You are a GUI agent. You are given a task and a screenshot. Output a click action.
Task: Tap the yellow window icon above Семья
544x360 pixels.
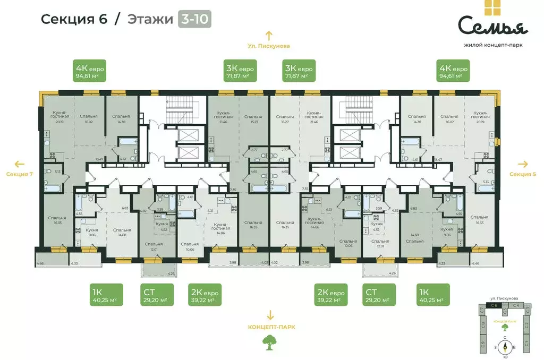tap(491, 7)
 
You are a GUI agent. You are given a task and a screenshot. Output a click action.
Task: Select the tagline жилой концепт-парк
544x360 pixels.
tap(491, 45)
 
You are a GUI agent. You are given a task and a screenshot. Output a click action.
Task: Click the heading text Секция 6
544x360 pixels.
tap(74, 20)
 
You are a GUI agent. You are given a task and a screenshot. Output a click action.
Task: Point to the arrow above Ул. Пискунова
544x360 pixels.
tap(269, 36)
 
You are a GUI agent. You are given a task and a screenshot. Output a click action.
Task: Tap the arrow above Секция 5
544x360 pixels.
tap(523, 164)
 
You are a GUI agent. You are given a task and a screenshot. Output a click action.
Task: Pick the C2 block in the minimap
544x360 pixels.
tap(528, 325)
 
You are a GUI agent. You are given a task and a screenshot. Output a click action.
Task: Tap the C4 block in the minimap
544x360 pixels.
tap(516, 305)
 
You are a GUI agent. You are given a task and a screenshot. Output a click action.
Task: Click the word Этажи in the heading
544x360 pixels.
tap(151, 20)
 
